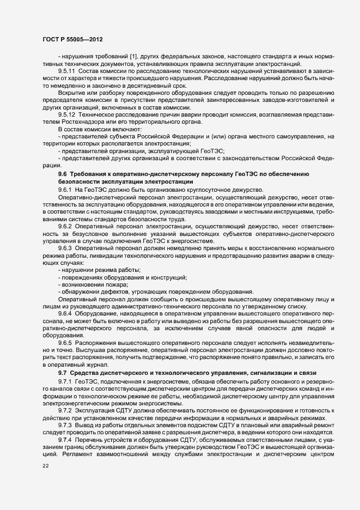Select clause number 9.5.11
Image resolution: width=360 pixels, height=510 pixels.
coord(67,71)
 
